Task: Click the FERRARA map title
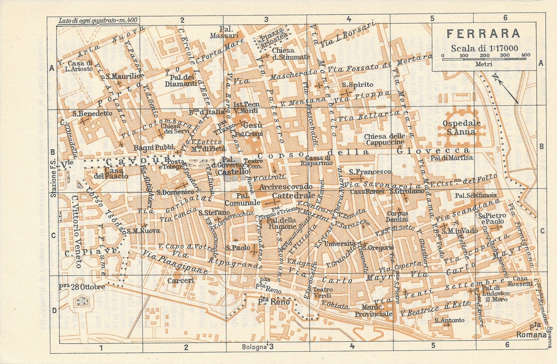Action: point(483,34)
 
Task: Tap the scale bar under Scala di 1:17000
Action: point(484,58)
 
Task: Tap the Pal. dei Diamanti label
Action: point(180,80)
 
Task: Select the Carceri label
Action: point(181,280)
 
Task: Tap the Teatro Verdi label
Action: point(323,293)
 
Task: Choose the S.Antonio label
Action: point(449,320)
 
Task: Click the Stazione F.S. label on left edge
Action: point(53,180)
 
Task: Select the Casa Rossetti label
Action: point(522,281)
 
